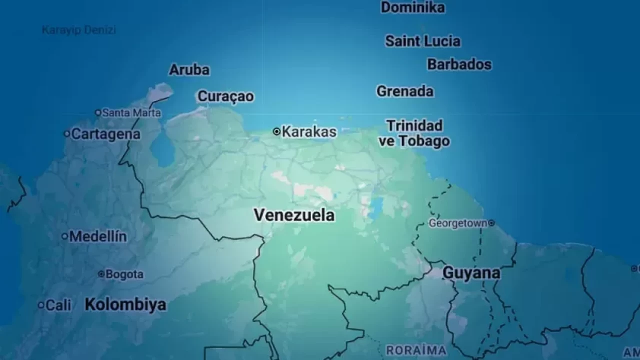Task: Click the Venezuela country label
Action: pyautogui.click(x=294, y=215)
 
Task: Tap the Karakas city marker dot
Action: pyautogui.click(x=276, y=131)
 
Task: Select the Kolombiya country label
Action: pyautogui.click(x=125, y=304)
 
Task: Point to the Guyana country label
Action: pyautogui.click(x=471, y=273)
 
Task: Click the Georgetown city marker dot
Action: pyautogui.click(x=491, y=223)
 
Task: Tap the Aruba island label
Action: pyautogui.click(x=189, y=69)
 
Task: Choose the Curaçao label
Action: pyautogui.click(x=225, y=96)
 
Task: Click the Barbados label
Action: pyautogui.click(x=459, y=64)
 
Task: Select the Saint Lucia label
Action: pyautogui.click(x=422, y=41)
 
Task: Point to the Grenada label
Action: pyautogui.click(x=405, y=91)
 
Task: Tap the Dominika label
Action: pyautogui.click(x=412, y=7)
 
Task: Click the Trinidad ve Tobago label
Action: pyautogui.click(x=414, y=133)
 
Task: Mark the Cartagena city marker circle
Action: pyautogui.click(x=66, y=133)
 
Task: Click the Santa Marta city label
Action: pyautogui.click(x=131, y=113)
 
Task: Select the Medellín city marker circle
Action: pyautogui.click(x=64, y=236)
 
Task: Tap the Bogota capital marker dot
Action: pyautogui.click(x=101, y=274)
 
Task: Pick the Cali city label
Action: pyautogui.click(x=58, y=305)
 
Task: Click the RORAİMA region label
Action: pyautogui.click(x=416, y=350)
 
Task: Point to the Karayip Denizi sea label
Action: pyautogui.click(x=78, y=30)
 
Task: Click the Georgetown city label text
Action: pyautogui.click(x=457, y=223)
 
